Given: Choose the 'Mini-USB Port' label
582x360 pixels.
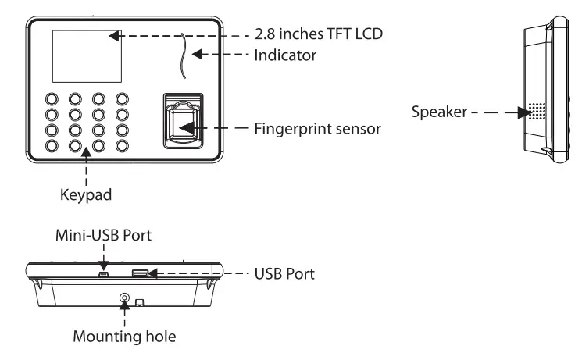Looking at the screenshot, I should (x=106, y=233).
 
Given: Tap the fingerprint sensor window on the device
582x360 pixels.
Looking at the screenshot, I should (x=184, y=124).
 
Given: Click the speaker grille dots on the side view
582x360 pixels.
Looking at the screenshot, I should (x=537, y=112).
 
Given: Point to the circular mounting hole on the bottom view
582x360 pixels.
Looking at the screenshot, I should (x=123, y=298).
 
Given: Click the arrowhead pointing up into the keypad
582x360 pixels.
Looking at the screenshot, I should (x=84, y=156).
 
